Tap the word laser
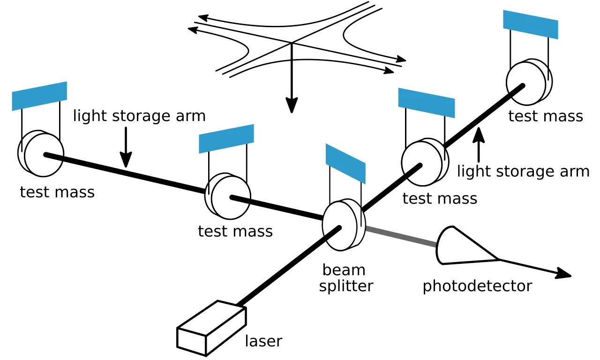pyautogui.click(x=263, y=341)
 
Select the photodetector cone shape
pyautogui.click(x=462, y=246)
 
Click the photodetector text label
pyautogui.click(x=477, y=285)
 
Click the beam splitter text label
pyautogui.click(x=345, y=277)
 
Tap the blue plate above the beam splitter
pyautogui.click(x=345, y=163)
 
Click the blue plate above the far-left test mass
pyautogui.click(x=39, y=96)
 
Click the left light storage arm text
pyautogui.click(x=139, y=116)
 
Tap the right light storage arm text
pyautogui.click(x=523, y=172)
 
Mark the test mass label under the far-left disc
pyautogui.click(x=57, y=192)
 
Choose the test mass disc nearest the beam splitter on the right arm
pyautogui.click(x=422, y=162)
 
